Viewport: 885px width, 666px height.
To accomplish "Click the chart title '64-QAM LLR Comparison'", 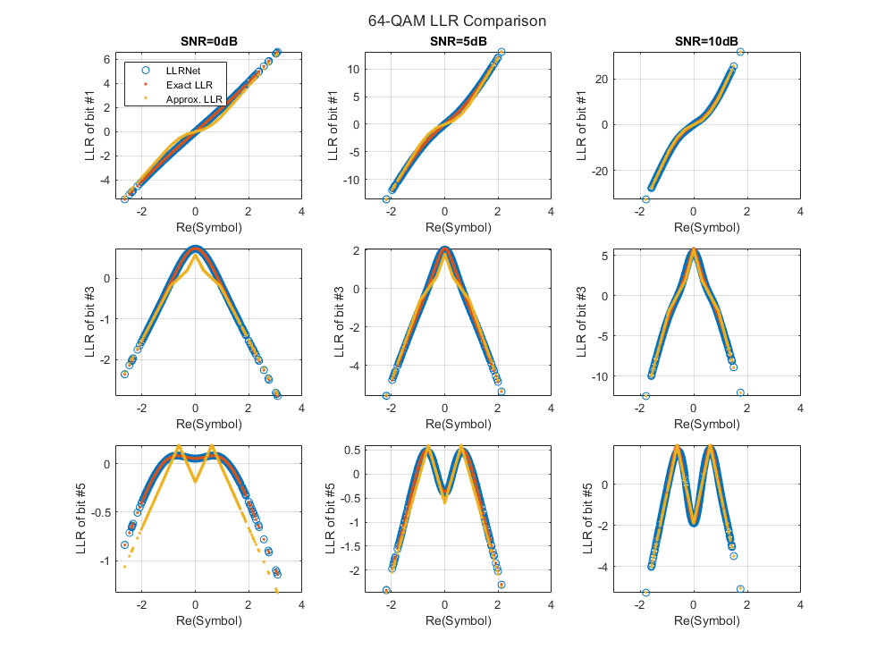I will [x=457, y=21].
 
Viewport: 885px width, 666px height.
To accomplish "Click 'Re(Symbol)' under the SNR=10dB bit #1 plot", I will [x=694, y=227].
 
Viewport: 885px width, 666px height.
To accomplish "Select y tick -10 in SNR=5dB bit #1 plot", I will [x=354, y=180].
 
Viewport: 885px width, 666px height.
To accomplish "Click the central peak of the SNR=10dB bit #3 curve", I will [x=694, y=253].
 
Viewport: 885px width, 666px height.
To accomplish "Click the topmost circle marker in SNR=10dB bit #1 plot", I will [x=740, y=52].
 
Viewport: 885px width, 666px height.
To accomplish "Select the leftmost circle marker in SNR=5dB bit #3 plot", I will [x=387, y=395].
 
